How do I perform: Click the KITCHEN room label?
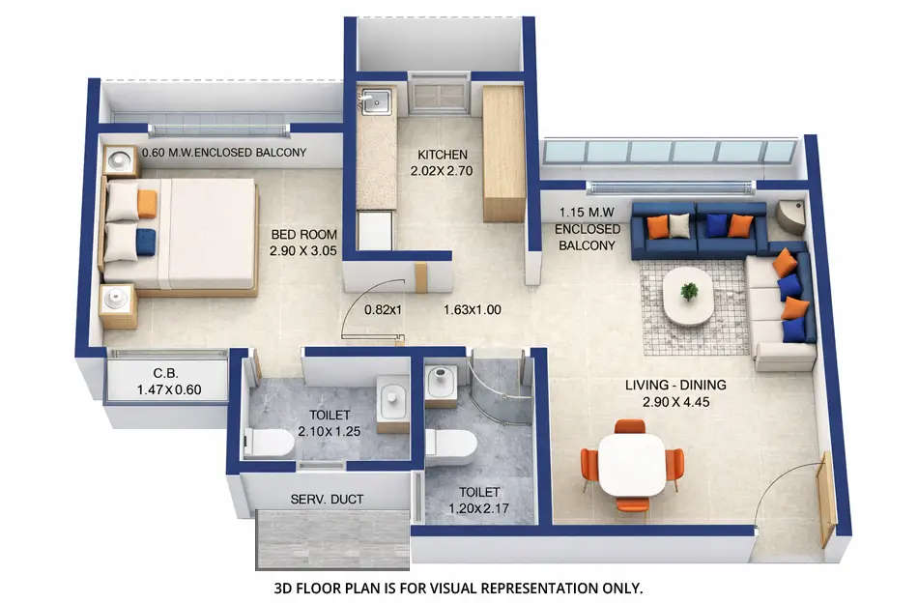tap(442, 155)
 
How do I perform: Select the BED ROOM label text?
tap(304, 235)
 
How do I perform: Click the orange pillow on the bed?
tap(147, 203)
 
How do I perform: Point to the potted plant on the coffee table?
tap(689, 290)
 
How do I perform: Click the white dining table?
tap(632, 465)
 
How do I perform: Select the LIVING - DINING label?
tap(675, 386)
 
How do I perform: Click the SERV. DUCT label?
tap(326, 501)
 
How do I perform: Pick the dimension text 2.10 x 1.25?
tap(330, 431)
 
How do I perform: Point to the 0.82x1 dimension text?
tap(383, 310)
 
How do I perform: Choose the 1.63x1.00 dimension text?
tap(473, 310)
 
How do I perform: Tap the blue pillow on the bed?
tap(145, 242)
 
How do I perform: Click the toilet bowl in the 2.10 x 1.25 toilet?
tap(270, 443)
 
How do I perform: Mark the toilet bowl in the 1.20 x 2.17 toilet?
tap(451, 446)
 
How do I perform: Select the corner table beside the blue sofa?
tap(790, 217)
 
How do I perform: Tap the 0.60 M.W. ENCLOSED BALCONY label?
tap(224, 153)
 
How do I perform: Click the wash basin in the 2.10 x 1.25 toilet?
tap(393, 399)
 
